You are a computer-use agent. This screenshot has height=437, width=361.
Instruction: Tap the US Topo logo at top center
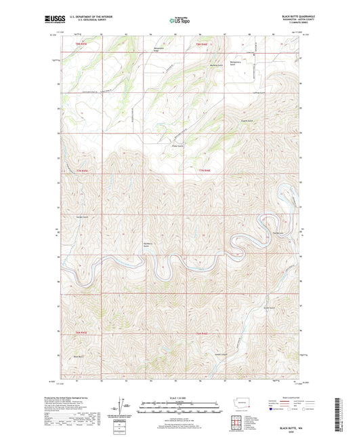coord(179,21)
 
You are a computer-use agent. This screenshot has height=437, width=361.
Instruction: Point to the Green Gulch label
coord(269,307)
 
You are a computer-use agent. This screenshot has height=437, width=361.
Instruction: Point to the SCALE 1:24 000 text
coord(179,398)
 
